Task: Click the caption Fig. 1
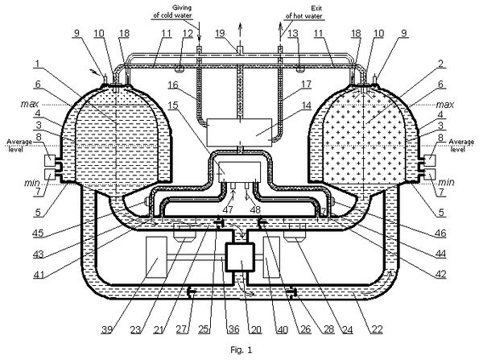[242, 350]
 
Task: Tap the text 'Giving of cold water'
[172, 11]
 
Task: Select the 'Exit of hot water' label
[304, 12]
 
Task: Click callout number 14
[306, 106]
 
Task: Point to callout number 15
[173, 106]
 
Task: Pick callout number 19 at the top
[220, 33]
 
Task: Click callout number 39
[106, 329]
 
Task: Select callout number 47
[228, 210]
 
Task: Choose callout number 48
[256, 210]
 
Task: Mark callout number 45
[38, 233]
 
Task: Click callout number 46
[440, 233]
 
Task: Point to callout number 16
[173, 85]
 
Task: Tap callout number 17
[306, 84]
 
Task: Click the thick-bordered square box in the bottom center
[240, 258]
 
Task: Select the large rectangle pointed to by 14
[239, 132]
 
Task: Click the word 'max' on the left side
[31, 104]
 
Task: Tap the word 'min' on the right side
[446, 182]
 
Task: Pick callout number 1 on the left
[38, 64]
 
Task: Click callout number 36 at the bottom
[233, 329]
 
